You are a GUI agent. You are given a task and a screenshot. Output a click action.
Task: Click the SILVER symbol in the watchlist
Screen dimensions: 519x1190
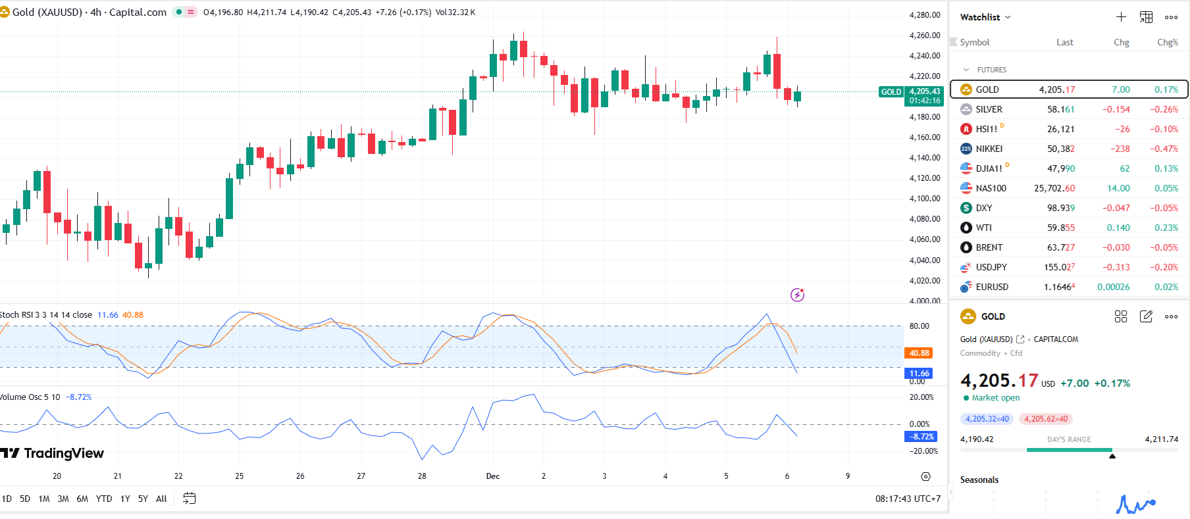click(x=989, y=109)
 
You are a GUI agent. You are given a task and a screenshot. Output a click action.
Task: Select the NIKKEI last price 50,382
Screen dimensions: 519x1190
click(x=1060, y=149)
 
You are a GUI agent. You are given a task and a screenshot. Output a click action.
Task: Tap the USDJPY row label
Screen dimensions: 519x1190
click(x=991, y=267)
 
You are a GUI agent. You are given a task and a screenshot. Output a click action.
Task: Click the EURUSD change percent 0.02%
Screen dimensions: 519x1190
click(x=1166, y=287)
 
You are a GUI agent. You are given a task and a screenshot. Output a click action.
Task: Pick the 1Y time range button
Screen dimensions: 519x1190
click(x=125, y=499)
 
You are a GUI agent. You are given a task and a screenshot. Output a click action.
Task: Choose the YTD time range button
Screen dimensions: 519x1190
click(x=103, y=499)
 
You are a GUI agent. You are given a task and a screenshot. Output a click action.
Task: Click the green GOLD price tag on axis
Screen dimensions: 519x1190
click(x=891, y=92)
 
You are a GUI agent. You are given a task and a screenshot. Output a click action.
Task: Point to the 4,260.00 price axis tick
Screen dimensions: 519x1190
click(x=924, y=36)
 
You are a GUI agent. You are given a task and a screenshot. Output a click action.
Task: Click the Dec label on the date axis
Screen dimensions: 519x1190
click(x=493, y=476)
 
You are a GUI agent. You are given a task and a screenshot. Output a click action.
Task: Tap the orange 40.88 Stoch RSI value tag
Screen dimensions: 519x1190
click(x=919, y=353)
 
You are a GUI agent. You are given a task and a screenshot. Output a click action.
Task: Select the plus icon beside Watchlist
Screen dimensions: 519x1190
click(x=1121, y=17)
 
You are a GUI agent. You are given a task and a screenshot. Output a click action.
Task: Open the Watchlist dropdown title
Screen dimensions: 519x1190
click(x=985, y=17)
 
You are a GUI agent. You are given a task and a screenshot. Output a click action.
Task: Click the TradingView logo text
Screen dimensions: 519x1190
click(x=63, y=453)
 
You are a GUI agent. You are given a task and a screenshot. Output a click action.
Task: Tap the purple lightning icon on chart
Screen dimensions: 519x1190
click(x=797, y=295)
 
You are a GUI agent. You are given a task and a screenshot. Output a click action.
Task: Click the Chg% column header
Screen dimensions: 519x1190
click(x=1167, y=42)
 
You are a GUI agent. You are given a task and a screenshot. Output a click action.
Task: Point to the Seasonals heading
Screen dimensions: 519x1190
click(x=979, y=480)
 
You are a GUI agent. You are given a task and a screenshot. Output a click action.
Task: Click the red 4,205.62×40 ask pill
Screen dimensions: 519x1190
click(x=1045, y=419)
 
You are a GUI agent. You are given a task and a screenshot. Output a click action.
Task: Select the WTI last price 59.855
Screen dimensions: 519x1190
click(x=1060, y=228)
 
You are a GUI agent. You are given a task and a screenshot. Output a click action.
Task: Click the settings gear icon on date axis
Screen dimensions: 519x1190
click(x=925, y=476)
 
